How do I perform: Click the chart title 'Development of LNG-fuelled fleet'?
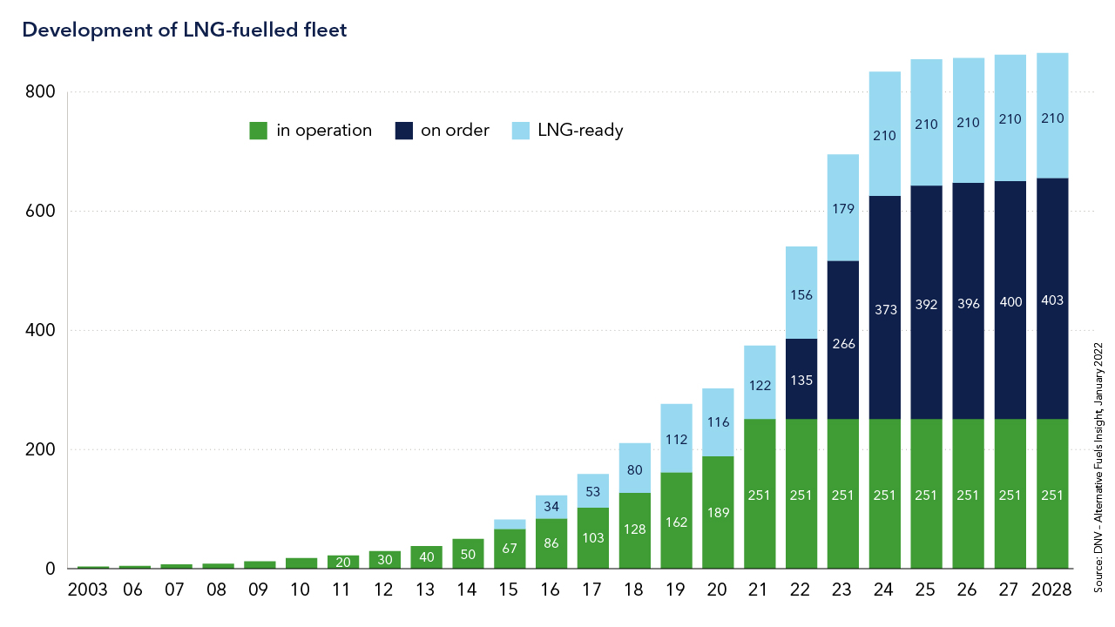(185, 30)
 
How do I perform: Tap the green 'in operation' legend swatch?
(258, 131)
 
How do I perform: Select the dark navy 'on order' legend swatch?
(403, 131)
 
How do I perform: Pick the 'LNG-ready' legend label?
(580, 131)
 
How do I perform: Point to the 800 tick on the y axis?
(39, 92)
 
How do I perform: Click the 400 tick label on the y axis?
(39, 331)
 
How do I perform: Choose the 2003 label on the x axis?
(87, 590)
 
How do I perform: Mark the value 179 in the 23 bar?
(843, 209)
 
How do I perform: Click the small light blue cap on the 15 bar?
(510, 524)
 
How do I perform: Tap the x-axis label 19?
(677, 590)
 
